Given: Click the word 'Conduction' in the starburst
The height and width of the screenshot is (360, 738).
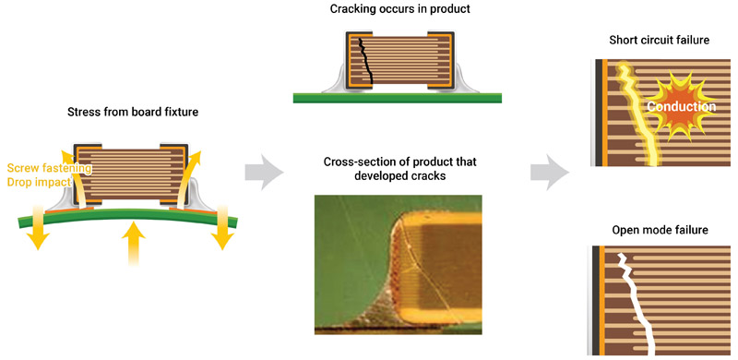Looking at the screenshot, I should coord(681,107).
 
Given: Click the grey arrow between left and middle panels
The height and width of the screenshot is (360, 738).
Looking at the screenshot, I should coord(262,171).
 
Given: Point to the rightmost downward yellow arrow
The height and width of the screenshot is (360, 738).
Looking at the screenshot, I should coord(221,231).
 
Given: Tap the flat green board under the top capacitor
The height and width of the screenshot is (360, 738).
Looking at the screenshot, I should coord(397,95).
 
